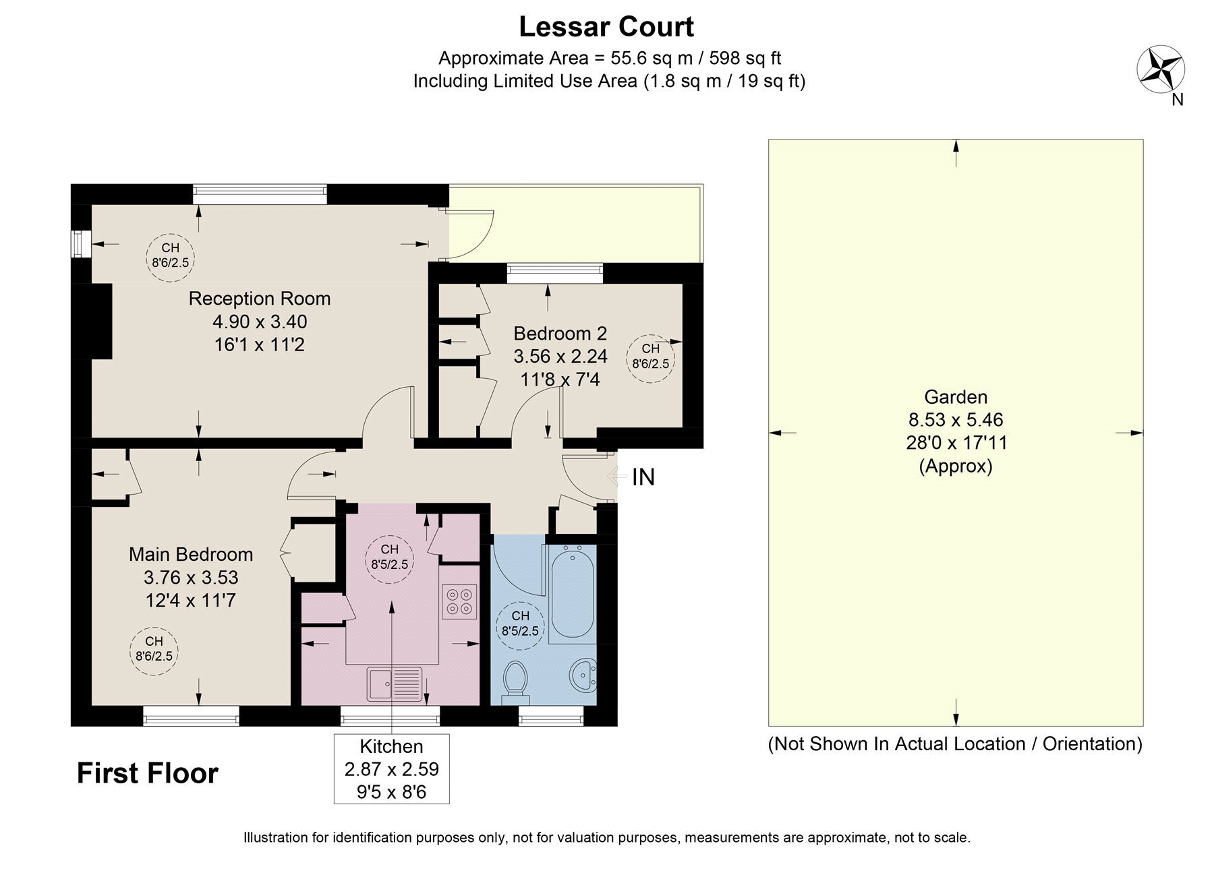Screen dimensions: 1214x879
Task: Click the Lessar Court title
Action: [606, 27]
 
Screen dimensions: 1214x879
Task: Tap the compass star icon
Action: [1161, 68]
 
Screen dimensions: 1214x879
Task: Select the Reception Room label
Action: [260, 299]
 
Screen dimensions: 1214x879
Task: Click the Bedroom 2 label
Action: [560, 333]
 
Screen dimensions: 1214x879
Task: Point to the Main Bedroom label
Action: [191, 554]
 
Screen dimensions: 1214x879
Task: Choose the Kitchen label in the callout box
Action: [391, 746]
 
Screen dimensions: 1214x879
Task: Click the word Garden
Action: [956, 396]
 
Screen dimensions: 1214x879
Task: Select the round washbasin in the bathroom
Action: [583, 676]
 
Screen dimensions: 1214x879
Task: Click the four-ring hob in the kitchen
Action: [459, 601]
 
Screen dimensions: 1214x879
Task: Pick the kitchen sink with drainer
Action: [395, 684]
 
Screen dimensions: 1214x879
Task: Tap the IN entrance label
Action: [643, 477]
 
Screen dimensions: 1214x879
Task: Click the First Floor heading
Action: [148, 773]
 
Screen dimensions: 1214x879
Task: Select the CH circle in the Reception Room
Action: [171, 255]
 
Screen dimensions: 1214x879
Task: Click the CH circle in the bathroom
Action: [520, 625]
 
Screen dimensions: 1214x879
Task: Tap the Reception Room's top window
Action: [260, 194]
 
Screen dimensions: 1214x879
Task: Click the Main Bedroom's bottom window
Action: [192, 716]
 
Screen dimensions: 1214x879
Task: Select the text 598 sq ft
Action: [742, 58]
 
